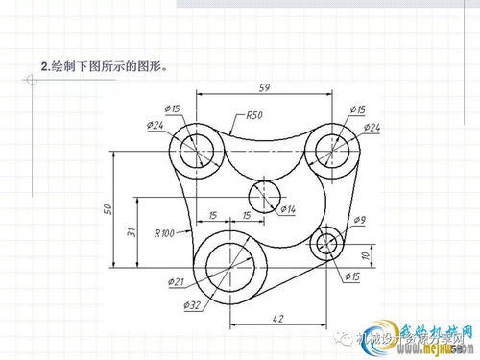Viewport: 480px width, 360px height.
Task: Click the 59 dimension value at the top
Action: point(263,87)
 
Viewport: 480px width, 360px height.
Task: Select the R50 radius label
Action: point(253,116)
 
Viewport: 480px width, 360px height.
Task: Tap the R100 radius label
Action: point(163,232)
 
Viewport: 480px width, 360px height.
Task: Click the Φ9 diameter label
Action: point(359,221)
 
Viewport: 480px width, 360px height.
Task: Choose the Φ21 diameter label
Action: point(175,281)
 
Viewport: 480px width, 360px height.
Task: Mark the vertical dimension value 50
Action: point(108,208)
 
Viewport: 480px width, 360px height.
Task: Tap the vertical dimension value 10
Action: point(365,255)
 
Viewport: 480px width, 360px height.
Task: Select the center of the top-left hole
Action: point(197,149)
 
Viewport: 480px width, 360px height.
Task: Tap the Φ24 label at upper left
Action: point(156,125)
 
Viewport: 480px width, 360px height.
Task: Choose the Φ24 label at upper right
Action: point(372,128)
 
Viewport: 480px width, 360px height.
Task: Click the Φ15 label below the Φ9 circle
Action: point(350,276)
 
